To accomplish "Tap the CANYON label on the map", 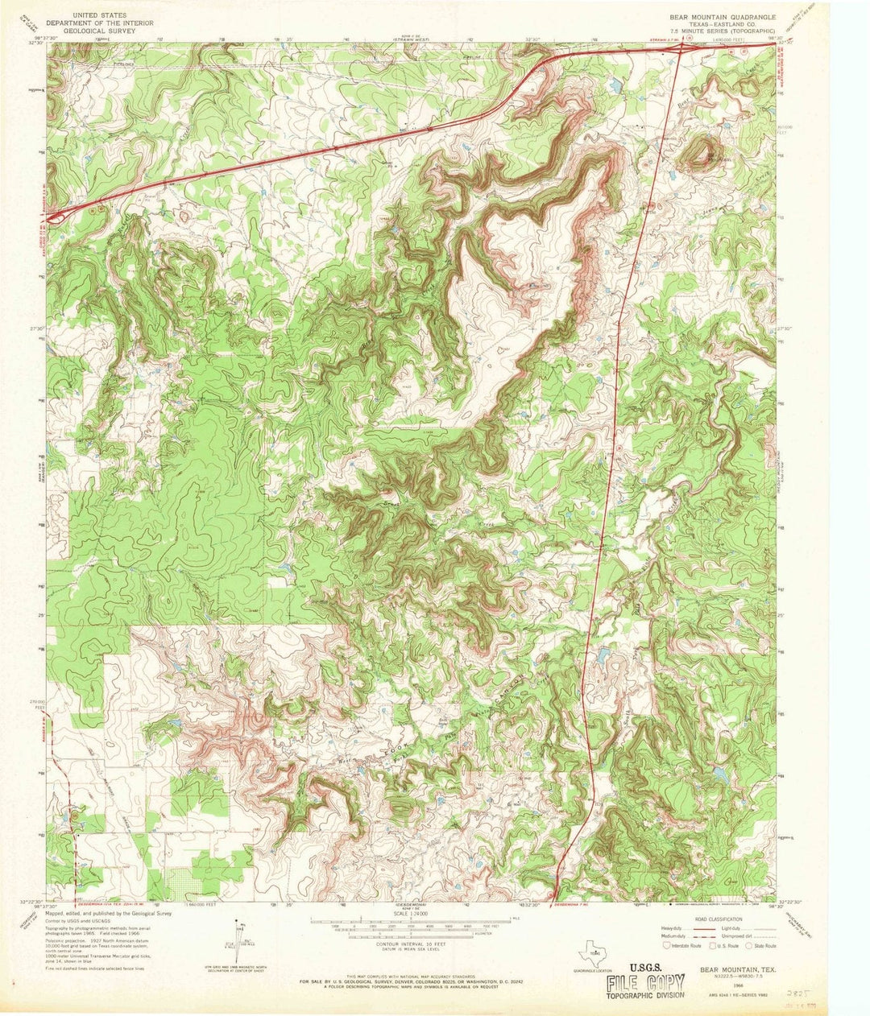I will tap(512, 692).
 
